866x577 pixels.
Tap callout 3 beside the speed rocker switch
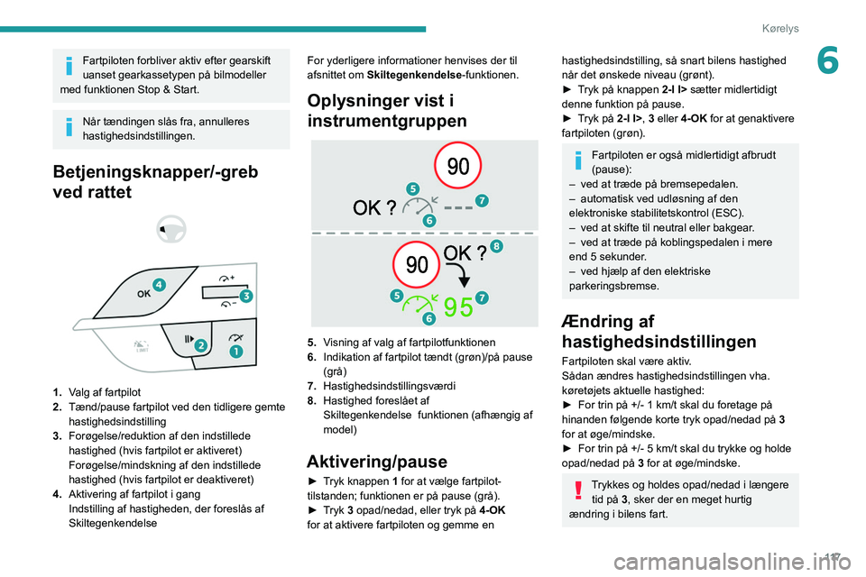pos(244,296)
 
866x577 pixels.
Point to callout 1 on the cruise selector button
pos(235,351)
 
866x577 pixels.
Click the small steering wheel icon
pos(171,230)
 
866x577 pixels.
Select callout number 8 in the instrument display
pos(497,246)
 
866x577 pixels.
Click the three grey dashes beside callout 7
pos(458,206)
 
